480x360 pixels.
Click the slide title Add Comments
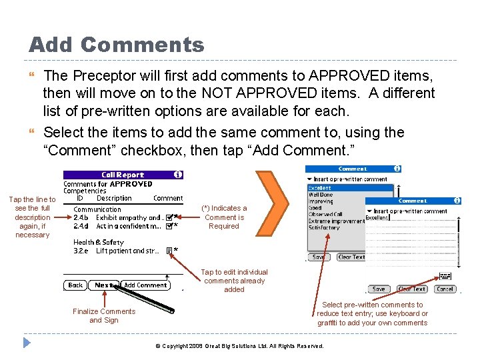coord(117,45)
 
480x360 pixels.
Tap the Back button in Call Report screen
coord(76,285)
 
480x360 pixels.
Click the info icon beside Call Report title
coord(177,175)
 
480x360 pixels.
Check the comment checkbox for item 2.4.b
coord(169,217)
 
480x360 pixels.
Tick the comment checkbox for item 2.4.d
coord(169,226)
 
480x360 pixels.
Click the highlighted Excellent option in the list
coord(320,188)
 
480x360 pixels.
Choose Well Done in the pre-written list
coord(321,195)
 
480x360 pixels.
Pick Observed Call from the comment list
coord(325,214)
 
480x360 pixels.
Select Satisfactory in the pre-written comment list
coord(325,227)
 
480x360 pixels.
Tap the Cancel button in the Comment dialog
coord(444,289)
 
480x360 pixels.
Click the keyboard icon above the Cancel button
coord(445,276)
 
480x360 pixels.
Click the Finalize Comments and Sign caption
coord(104,315)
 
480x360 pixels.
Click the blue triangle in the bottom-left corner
coord(27,344)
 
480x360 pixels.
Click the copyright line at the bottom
coord(239,346)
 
